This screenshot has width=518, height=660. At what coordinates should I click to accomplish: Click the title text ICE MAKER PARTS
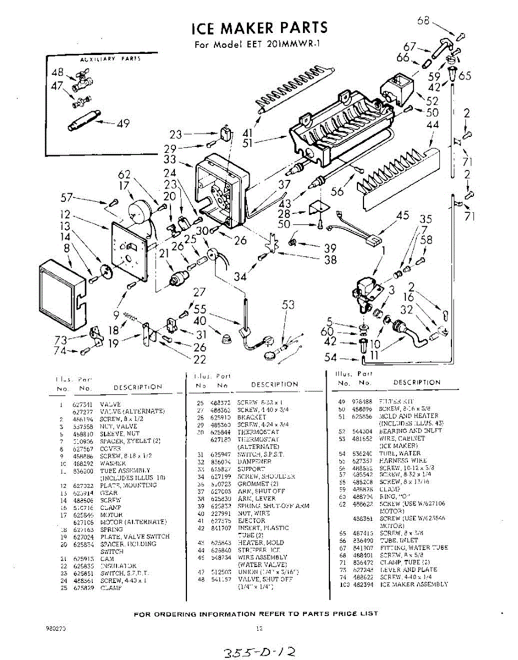pyautogui.click(x=259, y=27)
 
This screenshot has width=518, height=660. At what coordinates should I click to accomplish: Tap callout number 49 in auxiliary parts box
pyautogui.click(x=123, y=123)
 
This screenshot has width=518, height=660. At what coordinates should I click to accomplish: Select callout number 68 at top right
pyautogui.click(x=423, y=21)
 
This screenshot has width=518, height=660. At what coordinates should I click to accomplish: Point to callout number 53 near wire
pyautogui.click(x=288, y=305)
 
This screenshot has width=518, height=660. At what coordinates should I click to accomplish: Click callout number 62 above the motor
pyautogui.click(x=124, y=176)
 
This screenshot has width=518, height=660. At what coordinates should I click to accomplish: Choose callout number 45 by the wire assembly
pyautogui.click(x=403, y=215)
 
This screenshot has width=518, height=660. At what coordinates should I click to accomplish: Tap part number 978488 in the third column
pyautogui.click(x=362, y=402)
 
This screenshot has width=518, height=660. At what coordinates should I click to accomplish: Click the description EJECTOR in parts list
pyautogui.click(x=248, y=520)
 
